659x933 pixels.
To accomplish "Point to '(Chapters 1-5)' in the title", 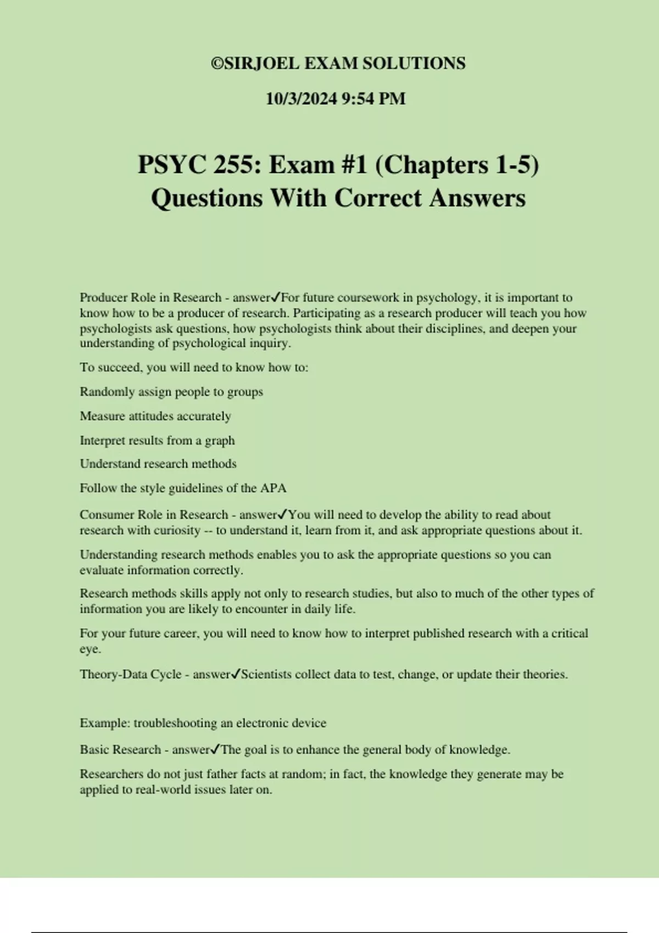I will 457,165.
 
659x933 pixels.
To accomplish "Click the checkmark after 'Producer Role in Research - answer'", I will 276,297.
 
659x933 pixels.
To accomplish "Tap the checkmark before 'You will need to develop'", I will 283,514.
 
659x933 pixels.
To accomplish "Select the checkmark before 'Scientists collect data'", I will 236,674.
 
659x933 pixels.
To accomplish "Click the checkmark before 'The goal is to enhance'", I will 215,749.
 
